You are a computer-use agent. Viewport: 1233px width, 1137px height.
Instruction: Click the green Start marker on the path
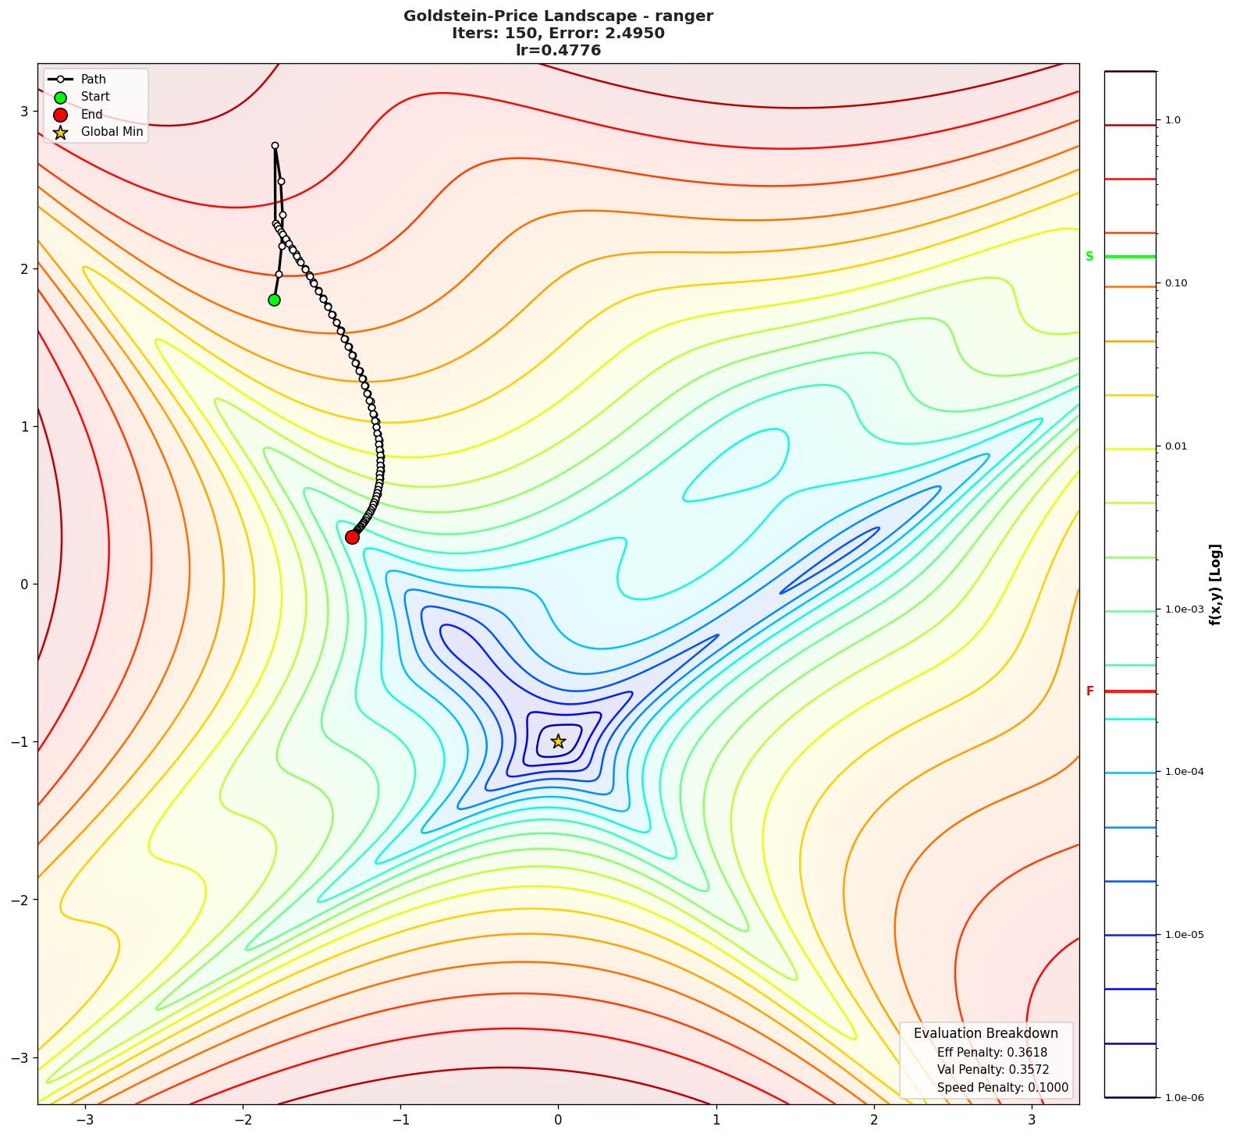point(274,300)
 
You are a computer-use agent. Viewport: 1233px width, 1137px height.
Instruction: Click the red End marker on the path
point(352,537)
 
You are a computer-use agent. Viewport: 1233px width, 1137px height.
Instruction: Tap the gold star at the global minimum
point(558,741)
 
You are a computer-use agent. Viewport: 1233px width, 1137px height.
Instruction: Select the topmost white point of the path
point(275,145)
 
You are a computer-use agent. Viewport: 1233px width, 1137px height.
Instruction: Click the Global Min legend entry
point(112,132)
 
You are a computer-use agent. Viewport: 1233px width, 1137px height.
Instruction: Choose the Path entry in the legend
point(93,80)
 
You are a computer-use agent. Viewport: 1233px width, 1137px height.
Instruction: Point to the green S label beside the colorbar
point(1089,257)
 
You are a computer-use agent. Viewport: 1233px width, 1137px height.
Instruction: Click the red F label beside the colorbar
point(1089,691)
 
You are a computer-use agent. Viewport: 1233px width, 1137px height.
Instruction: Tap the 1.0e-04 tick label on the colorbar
point(1184,772)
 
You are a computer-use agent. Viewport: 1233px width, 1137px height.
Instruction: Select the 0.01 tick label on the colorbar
point(1176,446)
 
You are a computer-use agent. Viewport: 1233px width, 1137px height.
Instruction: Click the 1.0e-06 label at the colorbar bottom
point(1184,1098)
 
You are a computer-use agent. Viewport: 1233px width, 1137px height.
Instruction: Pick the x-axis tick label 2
point(874,1120)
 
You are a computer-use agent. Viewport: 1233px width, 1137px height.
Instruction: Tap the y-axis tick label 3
point(23,111)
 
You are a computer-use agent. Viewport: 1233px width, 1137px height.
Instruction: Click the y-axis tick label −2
point(20,900)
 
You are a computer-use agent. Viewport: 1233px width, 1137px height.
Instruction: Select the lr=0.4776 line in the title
point(558,51)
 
